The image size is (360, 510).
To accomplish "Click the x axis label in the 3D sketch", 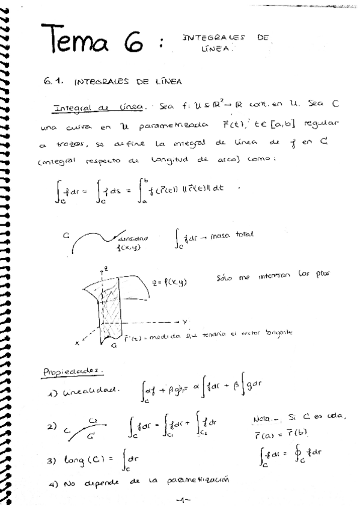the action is point(78,343).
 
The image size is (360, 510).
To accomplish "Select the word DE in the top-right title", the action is point(261,37).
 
